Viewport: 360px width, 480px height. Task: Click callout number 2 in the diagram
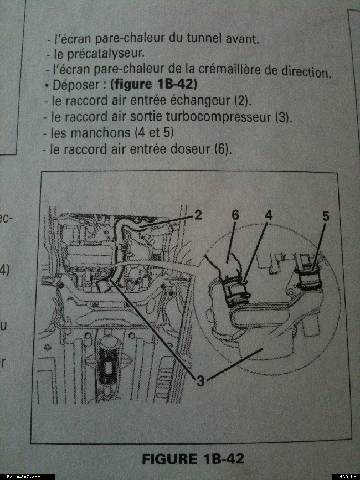point(198,215)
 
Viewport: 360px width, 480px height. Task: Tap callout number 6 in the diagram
point(235,215)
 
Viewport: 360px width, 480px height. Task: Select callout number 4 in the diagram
point(269,215)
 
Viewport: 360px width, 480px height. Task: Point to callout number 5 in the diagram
point(326,216)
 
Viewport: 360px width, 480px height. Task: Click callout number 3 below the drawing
point(200,381)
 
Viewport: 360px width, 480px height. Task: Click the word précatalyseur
point(105,54)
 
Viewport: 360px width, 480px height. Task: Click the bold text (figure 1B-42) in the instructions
point(153,85)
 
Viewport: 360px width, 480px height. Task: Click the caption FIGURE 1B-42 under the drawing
point(193,459)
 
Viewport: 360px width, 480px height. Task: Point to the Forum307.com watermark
point(24,477)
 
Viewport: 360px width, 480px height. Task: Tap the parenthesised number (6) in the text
point(222,149)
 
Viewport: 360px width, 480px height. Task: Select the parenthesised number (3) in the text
point(283,117)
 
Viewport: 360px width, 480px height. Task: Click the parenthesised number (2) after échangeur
point(243,101)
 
